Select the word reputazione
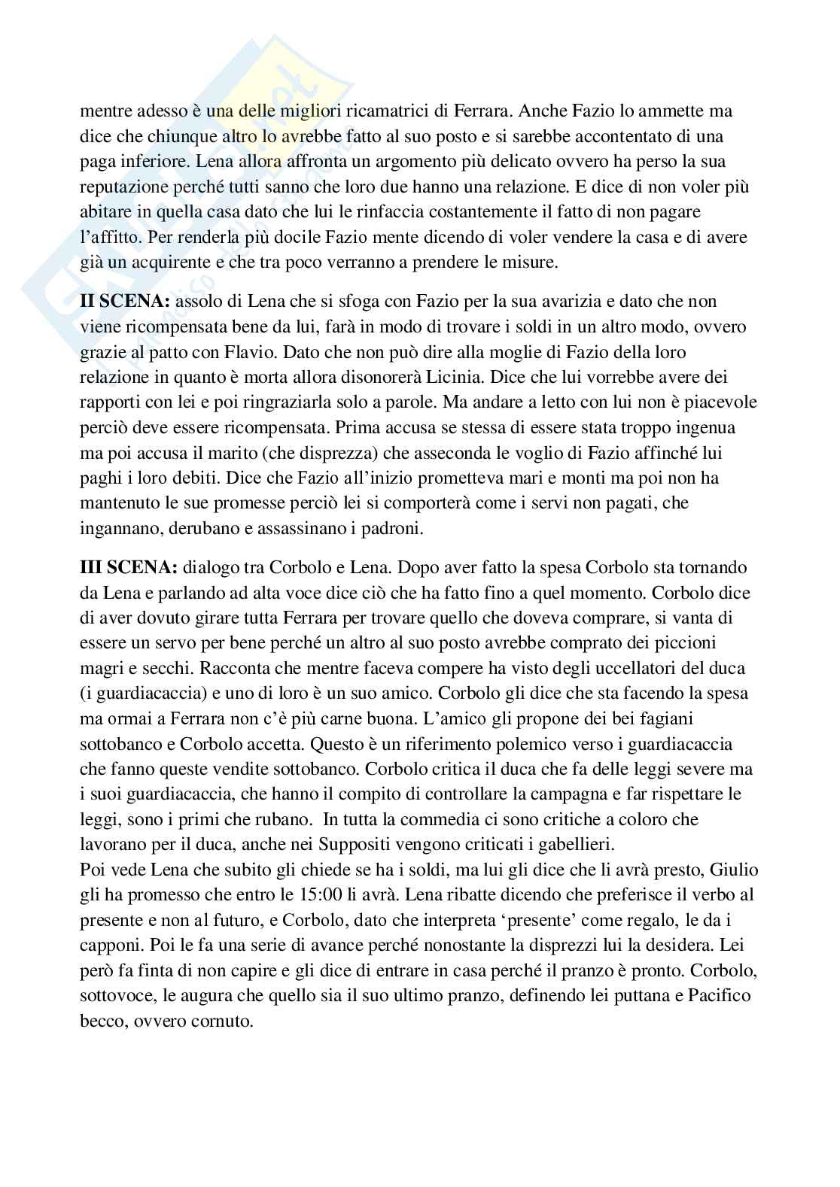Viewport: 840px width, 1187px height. tap(120, 188)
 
